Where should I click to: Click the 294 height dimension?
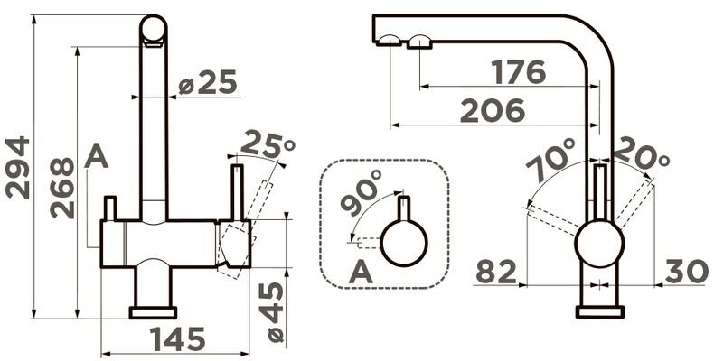pos(17,168)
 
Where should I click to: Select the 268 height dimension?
pos(62,188)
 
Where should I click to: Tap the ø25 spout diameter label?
pos(208,82)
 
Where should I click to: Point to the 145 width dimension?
pos(177,339)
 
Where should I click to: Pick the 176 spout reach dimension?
pos(519,72)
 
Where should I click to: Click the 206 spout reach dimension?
pos(493,111)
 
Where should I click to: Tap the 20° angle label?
pos(640,154)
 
